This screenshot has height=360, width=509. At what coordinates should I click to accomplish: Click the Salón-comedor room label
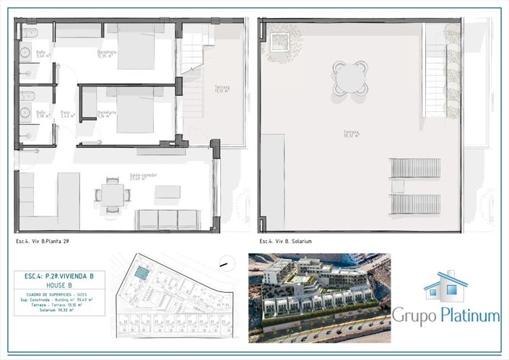click(143, 177)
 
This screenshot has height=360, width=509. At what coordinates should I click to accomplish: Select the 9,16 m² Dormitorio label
click(106, 114)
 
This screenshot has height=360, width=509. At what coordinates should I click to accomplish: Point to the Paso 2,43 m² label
click(66, 114)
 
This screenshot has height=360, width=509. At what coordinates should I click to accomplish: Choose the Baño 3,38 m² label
click(41, 114)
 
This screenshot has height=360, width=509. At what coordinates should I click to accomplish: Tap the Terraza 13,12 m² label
click(222, 89)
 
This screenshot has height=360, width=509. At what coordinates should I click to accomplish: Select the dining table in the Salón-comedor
click(112, 195)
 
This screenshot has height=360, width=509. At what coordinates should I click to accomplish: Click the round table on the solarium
click(350, 78)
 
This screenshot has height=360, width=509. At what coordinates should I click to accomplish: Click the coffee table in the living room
click(168, 192)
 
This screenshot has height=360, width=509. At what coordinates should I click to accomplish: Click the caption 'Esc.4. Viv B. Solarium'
click(285, 241)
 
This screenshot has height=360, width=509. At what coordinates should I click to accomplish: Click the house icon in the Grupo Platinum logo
click(445, 286)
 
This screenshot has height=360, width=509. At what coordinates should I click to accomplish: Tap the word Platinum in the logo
click(469, 315)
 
